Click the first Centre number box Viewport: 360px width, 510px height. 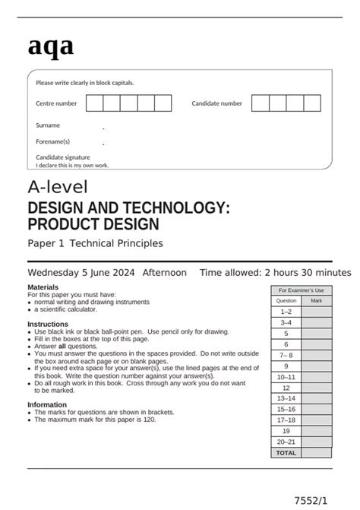coord(94,103)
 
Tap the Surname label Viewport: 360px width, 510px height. coord(48,125)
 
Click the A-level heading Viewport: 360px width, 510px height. coord(58,187)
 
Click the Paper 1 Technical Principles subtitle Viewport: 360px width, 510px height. coord(95,243)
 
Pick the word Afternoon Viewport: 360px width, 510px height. coord(164,272)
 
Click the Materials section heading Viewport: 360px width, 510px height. coord(43,287)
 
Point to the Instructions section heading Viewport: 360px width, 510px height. coord(48,324)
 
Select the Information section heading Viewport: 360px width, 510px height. coord(49,405)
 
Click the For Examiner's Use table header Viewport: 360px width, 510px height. coord(301,290)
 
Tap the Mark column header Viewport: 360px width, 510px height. coord(316,301)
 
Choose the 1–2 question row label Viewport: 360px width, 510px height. coord(286,312)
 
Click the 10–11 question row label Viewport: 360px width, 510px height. coord(286,376)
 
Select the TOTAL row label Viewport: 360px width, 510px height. coord(286,452)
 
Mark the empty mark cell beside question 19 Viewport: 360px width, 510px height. coord(316,430)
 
